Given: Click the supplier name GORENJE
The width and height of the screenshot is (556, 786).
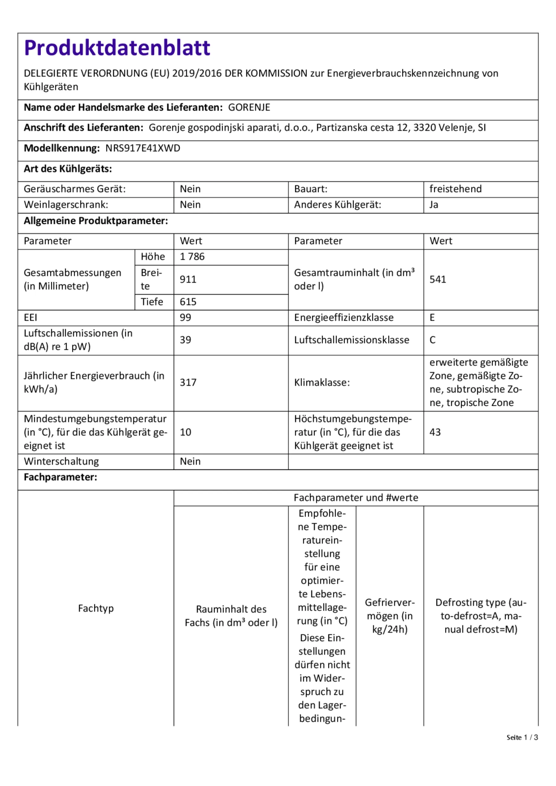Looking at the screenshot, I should [249, 107].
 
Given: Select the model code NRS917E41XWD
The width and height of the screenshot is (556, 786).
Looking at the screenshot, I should [142, 148].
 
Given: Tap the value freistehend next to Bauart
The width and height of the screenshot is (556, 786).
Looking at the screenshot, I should [455, 189].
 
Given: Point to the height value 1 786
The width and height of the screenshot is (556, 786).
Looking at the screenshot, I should [192, 257].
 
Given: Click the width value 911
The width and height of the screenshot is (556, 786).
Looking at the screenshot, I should [188, 279].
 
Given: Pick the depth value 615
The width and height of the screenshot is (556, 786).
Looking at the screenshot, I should [188, 302].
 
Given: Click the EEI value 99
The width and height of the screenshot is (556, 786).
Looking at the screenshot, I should [185, 318].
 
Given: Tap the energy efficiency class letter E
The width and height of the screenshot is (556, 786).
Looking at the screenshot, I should [432, 318].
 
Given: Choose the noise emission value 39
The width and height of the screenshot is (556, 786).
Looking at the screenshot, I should [185, 340].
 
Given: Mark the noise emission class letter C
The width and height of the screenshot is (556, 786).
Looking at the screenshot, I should [432, 340].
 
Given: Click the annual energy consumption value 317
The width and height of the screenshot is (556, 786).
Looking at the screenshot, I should [188, 383].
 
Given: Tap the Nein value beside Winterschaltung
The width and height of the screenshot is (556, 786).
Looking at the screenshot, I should [190, 462].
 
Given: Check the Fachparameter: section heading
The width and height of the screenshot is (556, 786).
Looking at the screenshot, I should [60, 477].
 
